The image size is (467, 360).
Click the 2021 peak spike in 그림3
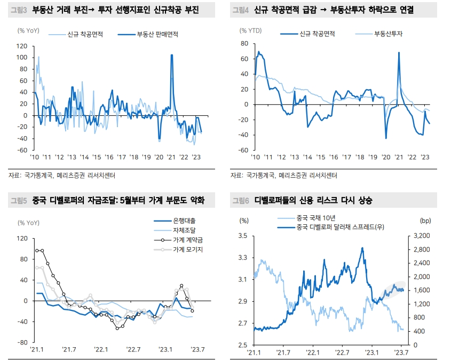[x=171, y=55]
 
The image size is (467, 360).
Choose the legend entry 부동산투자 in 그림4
[x=388, y=34]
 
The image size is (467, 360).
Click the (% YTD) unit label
[x=251, y=30]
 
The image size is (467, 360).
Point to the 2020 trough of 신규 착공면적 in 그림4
[x=386, y=138]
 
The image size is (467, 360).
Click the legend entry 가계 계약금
[x=188, y=240]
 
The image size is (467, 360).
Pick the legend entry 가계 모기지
[x=188, y=249]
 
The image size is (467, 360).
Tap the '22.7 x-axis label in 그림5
[x=133, y=350]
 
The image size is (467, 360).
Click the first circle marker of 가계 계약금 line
[x=37, y=251]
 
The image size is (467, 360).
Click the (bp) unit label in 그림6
[x=425, y=220]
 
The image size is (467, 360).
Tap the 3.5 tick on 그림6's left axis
[x=242, y=236]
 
